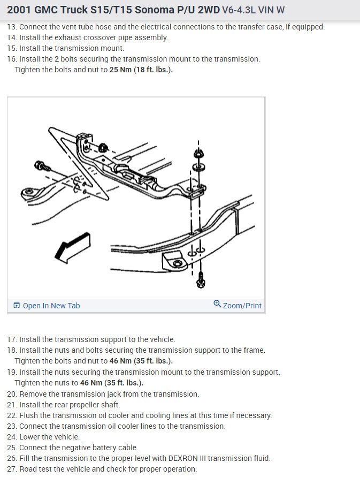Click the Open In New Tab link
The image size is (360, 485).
47,306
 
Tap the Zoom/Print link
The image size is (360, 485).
238,305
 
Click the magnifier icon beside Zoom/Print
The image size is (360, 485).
217,304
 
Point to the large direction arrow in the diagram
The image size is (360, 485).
73,248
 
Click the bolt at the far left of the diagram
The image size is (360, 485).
42,166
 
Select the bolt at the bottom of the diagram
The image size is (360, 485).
201,279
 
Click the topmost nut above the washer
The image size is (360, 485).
198,153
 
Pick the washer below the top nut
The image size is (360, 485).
198,168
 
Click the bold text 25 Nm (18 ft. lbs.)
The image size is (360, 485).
141,70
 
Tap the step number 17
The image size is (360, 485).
11,339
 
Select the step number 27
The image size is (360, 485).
11,469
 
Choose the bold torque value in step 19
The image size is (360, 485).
112,383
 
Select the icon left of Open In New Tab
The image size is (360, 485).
17,306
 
